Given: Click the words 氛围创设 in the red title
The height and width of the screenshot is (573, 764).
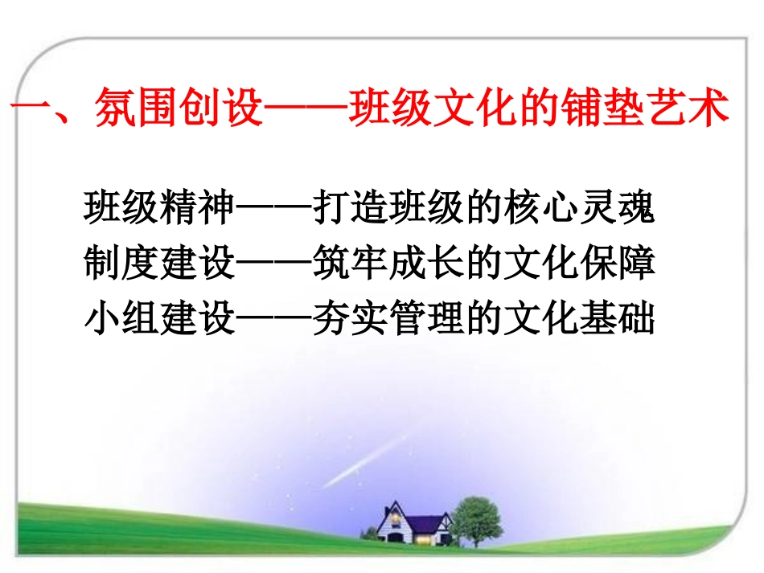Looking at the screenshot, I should click(179, 109).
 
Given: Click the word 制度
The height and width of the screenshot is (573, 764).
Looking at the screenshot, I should click(121, 264).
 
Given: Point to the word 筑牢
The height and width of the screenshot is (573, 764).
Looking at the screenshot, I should click(351, 264).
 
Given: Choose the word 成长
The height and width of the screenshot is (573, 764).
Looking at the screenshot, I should click(426, 264).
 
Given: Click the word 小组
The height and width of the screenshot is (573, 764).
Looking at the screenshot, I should click(121, 320).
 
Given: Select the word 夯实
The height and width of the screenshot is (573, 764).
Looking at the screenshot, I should click(351, 320).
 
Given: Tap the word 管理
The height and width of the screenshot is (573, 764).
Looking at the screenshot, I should click(426, 320).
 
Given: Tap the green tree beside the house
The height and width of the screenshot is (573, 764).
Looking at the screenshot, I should click(475, 515).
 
